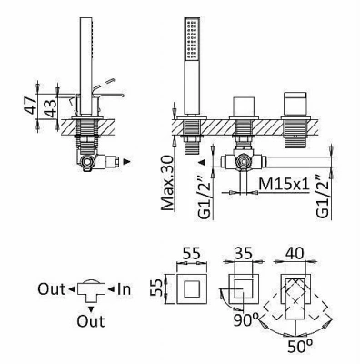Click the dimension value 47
31,105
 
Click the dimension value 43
49,107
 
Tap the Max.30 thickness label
168,183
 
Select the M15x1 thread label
285,185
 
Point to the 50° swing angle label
300,346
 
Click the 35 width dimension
243,253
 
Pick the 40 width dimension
295,253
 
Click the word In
125,289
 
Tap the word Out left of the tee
52,289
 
